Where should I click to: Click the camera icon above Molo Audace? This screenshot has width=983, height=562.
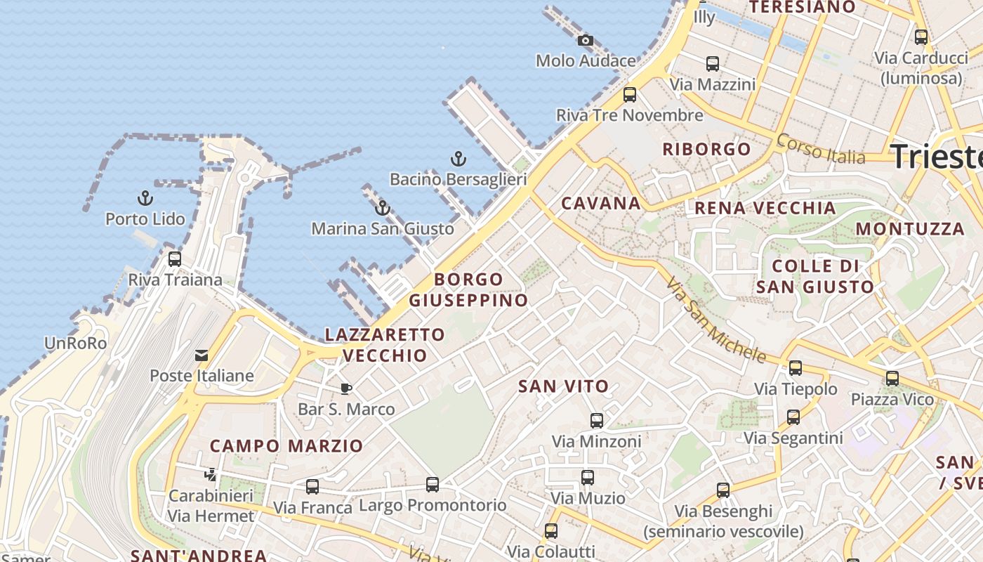585,41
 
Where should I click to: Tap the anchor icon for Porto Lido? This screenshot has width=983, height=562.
145,198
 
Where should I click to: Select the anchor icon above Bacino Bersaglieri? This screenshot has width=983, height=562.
458,159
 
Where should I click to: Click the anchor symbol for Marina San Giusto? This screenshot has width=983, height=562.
383,208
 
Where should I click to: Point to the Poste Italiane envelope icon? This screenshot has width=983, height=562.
202,355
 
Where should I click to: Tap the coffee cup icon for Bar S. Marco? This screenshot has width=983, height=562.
345,388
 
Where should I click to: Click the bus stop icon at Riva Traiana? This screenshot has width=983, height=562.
175,259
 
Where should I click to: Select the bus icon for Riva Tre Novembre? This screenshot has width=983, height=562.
630,95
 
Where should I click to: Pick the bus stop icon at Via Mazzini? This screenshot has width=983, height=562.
713,64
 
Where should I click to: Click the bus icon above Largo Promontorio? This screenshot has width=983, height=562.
433,485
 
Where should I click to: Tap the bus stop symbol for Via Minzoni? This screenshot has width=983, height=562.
597,421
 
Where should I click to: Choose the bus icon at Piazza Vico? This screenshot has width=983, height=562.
892,379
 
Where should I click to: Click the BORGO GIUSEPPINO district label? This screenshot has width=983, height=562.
468,289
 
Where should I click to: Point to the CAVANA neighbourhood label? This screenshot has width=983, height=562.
601,204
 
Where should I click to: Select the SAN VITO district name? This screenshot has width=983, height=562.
563,386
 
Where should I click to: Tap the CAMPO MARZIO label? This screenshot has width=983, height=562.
286,445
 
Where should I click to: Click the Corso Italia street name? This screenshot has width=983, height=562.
822,149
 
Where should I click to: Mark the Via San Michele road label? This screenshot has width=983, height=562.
715,320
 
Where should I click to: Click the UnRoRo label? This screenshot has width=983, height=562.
75,344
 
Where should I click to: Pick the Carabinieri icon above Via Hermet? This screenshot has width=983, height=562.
210,475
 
